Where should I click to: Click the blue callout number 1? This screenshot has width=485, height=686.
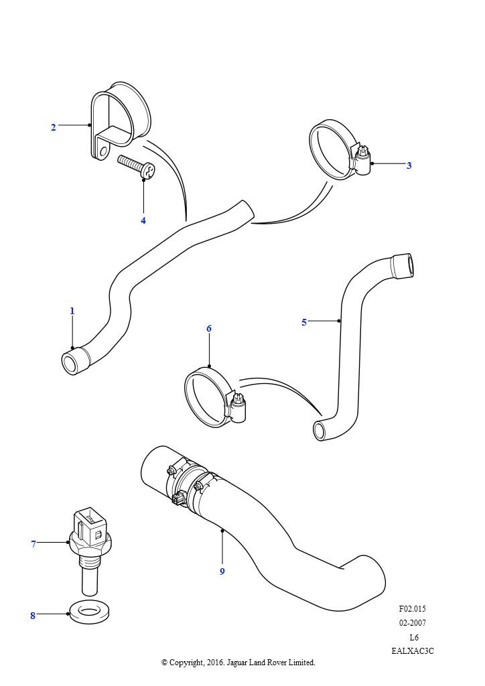click(72, 311)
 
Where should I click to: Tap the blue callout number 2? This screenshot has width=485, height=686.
click(54, 127)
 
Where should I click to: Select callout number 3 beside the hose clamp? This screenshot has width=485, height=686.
click(409, 165)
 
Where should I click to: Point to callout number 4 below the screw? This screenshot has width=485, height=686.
click(143, 220)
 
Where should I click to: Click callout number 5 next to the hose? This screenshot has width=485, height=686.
click(304, 322)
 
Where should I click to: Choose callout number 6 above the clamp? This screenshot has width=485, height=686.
click(209, 328)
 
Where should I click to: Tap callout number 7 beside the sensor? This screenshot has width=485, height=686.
click(33, 544)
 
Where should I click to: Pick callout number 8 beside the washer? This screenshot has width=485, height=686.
click(32, 616)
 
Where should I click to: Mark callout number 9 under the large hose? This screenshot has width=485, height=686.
click(222, 571)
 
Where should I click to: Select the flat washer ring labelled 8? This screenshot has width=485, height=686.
click(90, 612)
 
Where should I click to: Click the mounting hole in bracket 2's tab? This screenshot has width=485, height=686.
click(102, 151)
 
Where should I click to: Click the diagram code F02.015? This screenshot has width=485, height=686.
click(412, 609)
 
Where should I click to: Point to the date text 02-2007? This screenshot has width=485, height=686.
click(413, 623)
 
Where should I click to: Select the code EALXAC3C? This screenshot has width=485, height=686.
click(413, 650)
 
